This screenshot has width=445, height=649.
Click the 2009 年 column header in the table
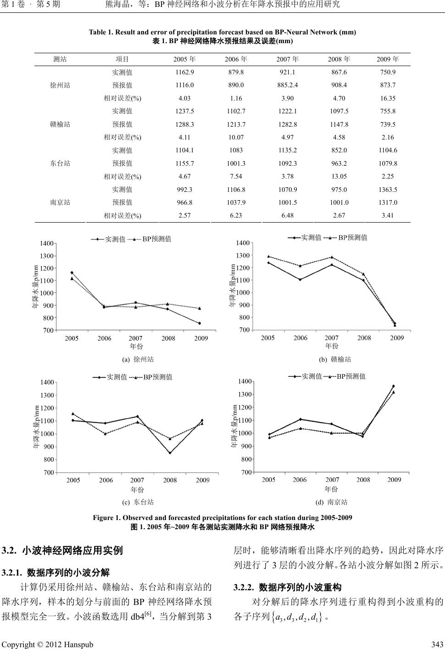pos(388,59)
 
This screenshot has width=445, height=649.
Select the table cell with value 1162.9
pos(184,72)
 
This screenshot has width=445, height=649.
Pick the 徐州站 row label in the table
pos(60,85)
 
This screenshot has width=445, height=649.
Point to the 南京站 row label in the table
pos(60,202)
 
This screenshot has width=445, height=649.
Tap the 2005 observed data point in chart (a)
pos(72,273)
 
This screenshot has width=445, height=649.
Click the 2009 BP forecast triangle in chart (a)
pos(200,308)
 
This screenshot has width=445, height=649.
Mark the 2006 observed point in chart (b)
pos(300,280)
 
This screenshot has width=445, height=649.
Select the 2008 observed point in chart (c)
pos(170,453)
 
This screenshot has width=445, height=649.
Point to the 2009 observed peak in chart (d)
pos(393,386)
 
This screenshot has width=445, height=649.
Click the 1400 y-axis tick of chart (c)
pos(48,382)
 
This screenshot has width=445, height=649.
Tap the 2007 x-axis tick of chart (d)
pos(332,480)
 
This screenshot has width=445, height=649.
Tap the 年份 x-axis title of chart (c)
pos(137,490)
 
